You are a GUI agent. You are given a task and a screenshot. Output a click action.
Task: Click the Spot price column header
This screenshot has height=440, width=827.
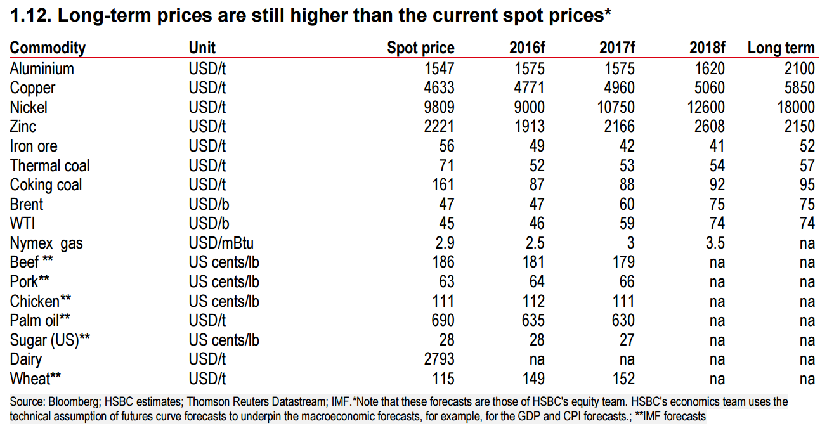click(x=420, y=48)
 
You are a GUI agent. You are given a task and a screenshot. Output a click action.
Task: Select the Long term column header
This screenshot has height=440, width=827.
click(x=781, y=48)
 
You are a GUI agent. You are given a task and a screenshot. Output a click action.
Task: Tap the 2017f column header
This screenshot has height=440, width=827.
click(x=617, y=48)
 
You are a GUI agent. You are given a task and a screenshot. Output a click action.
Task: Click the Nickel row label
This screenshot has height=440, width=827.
click(x=29, y=107)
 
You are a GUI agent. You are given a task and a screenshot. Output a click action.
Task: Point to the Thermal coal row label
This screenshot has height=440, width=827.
click(x=49, y=165)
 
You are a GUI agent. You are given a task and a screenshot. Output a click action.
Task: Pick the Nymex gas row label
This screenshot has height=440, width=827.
click(x=46, y=243)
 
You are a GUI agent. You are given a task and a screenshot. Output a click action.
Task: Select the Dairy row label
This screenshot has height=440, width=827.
click(x=26, y=359)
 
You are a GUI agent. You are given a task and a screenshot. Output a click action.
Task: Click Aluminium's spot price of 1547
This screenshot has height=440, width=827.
click(x=439, y=68)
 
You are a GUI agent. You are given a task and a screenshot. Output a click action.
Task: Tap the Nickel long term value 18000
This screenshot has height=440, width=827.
click(x=796, y=107)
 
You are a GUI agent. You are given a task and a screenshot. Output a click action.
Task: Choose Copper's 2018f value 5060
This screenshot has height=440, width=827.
click(x=710, y=88)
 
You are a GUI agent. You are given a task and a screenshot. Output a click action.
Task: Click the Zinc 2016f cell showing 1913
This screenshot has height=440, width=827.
click(x=530, y=127)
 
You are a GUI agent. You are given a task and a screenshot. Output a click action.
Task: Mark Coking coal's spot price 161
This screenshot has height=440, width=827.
click(x=443, y=185)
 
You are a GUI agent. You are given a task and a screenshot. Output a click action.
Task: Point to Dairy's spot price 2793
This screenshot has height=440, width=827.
click(x=439, y=359)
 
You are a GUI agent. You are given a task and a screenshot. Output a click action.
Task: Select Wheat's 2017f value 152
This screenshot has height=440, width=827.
click(x=623, y=379)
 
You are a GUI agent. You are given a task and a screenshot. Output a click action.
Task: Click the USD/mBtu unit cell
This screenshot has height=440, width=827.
click(x=221, y=243)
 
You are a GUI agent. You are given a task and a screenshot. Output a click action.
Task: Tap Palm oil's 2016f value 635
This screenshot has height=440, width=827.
click(x=533, y=320)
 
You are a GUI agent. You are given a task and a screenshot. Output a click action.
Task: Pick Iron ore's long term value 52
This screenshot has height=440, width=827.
click(x=807, y=146)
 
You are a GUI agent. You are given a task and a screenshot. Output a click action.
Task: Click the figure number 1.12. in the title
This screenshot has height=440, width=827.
click(x=31, y=15)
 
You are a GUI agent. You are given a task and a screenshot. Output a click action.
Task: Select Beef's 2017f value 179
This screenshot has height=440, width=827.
click(x=623, y=262)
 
